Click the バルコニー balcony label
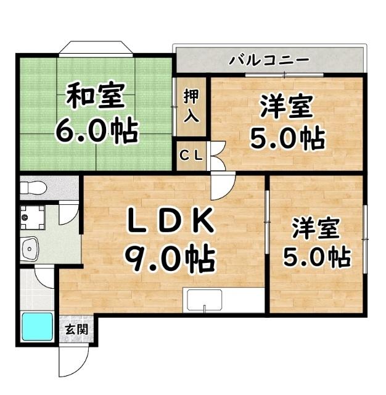click(269, 60)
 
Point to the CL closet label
click(191, 156)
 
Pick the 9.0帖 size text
click(171, 259)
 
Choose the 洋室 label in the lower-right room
click(316, 228)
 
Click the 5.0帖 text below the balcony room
click(287, 139)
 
